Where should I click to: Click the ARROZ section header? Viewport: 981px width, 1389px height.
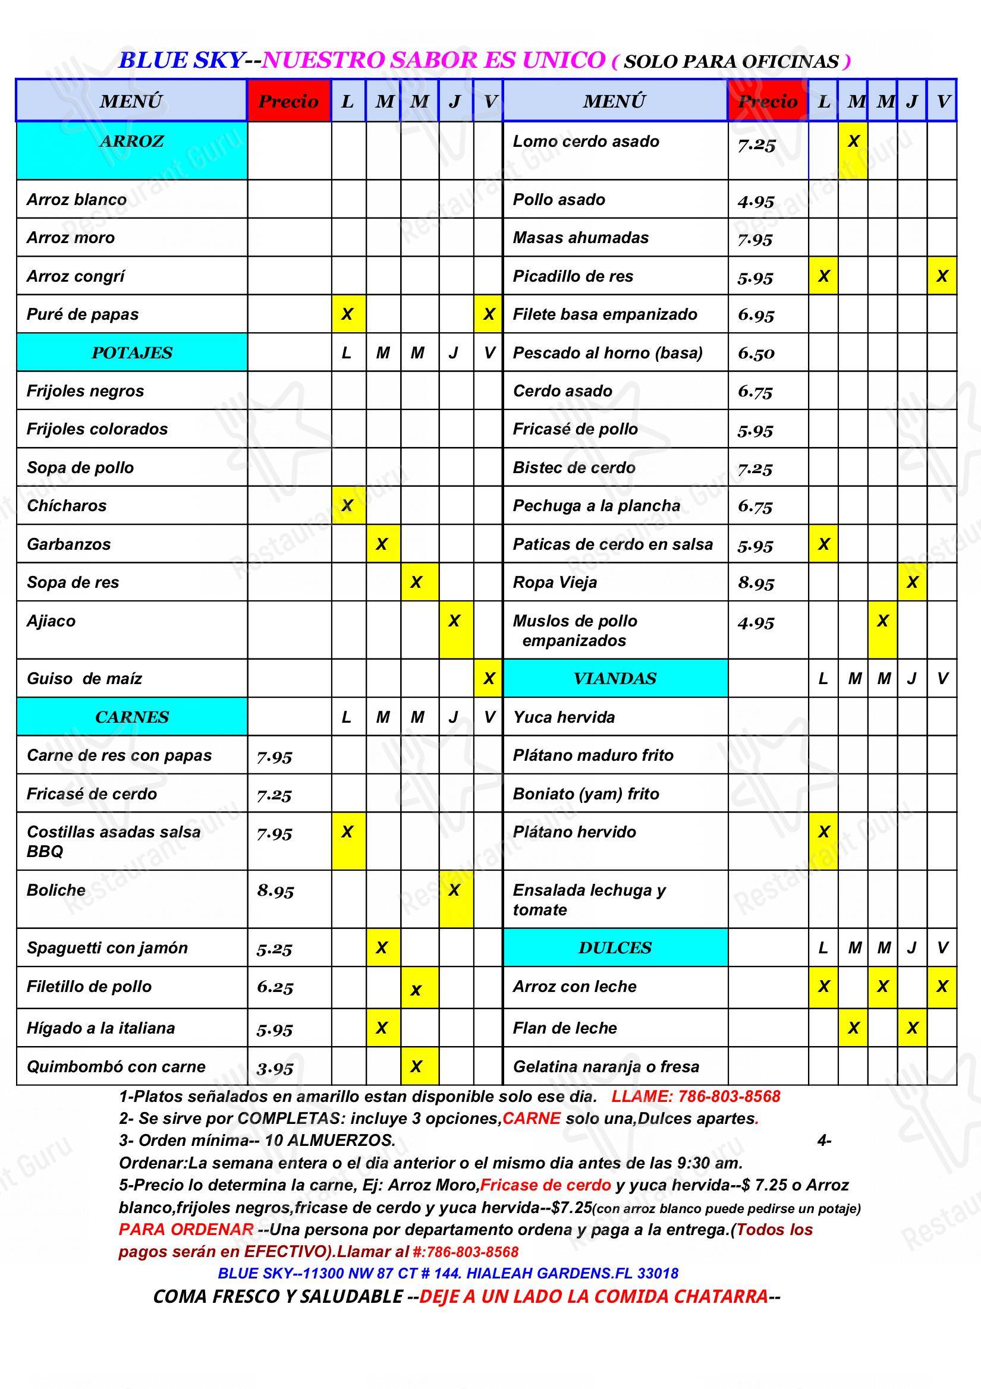click(131, 141)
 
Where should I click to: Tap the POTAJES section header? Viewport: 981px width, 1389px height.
click(131, 352)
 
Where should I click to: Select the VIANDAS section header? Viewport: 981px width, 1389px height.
click(614, 678)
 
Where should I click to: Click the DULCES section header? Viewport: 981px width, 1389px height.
click(614, 947)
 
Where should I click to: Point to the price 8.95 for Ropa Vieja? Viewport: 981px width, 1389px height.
click(755, 583)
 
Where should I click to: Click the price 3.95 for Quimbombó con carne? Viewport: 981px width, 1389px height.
click(275, 1068)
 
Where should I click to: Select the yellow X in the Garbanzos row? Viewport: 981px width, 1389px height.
click(381, 544)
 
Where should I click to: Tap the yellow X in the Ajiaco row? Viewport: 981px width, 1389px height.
click(454, 621)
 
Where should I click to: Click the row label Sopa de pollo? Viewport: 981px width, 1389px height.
click(80, 468)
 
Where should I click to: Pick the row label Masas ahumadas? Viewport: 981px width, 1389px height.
click(580, 238)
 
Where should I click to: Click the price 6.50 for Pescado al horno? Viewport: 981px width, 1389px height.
click(755, 353)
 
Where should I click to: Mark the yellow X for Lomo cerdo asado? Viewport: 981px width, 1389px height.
click(853, 141)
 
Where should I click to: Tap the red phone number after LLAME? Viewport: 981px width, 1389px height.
click(729, 1096)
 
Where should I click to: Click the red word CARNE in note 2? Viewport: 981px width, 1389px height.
click(532, 1119)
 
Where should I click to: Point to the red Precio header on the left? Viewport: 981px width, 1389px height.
click(288, 101)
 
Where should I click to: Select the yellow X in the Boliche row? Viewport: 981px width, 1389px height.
click(454, 890)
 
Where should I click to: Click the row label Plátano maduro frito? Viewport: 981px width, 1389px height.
click(593, 755)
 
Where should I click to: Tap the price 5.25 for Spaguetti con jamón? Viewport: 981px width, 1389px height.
click(274, 949)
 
